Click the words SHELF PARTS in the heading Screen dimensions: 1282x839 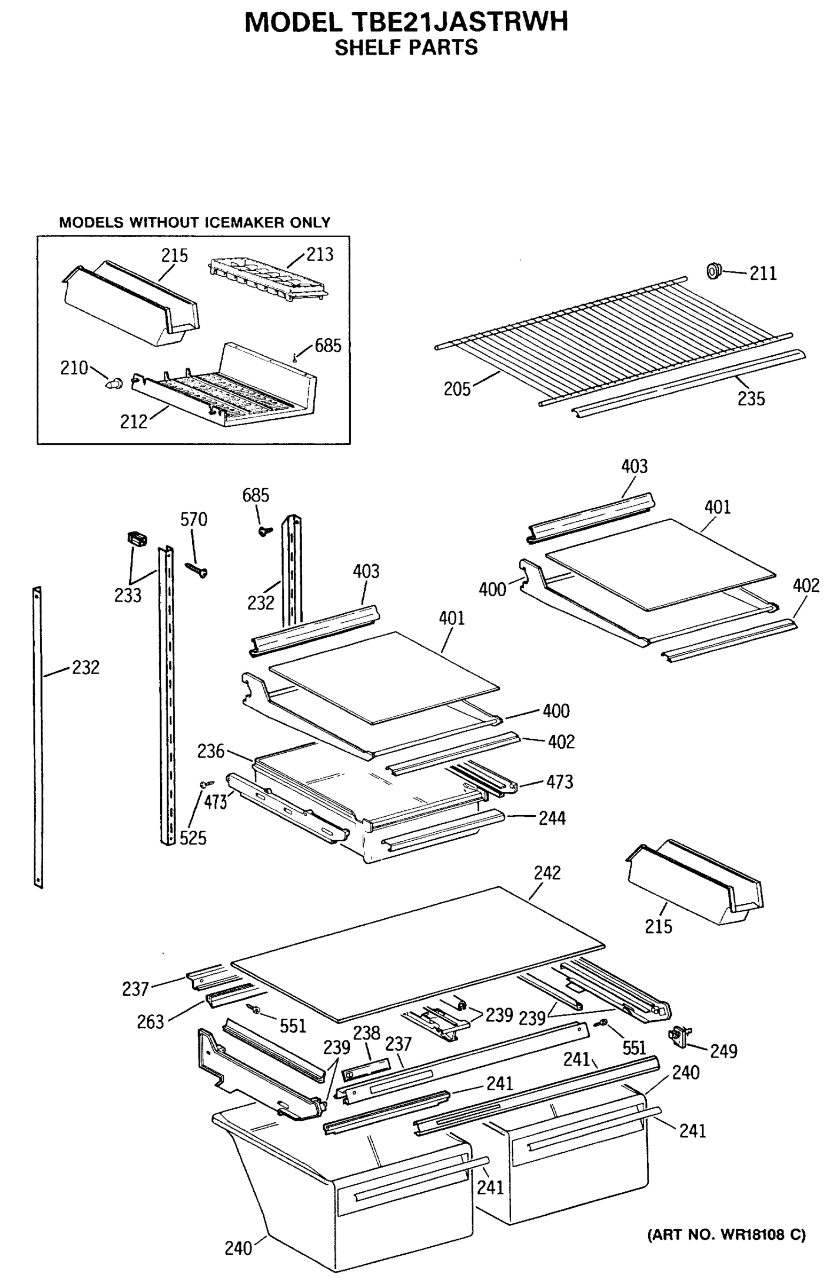click(406, 48)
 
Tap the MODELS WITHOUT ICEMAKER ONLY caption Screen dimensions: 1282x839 click(194, 222)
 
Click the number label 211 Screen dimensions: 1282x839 click(763, 273)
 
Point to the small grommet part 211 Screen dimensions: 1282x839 click(714, 270)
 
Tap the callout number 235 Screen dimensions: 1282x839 click(751, 398)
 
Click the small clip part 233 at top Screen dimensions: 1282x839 click(137, 538)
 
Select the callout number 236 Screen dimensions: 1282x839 click(210, 751)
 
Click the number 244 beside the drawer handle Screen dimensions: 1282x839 click(552, 818)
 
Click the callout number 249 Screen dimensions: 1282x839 click(723, 1050)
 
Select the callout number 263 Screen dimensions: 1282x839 click(150, 1022)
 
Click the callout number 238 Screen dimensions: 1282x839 click(366, 1033)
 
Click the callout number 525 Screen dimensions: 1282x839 click(193, 838)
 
